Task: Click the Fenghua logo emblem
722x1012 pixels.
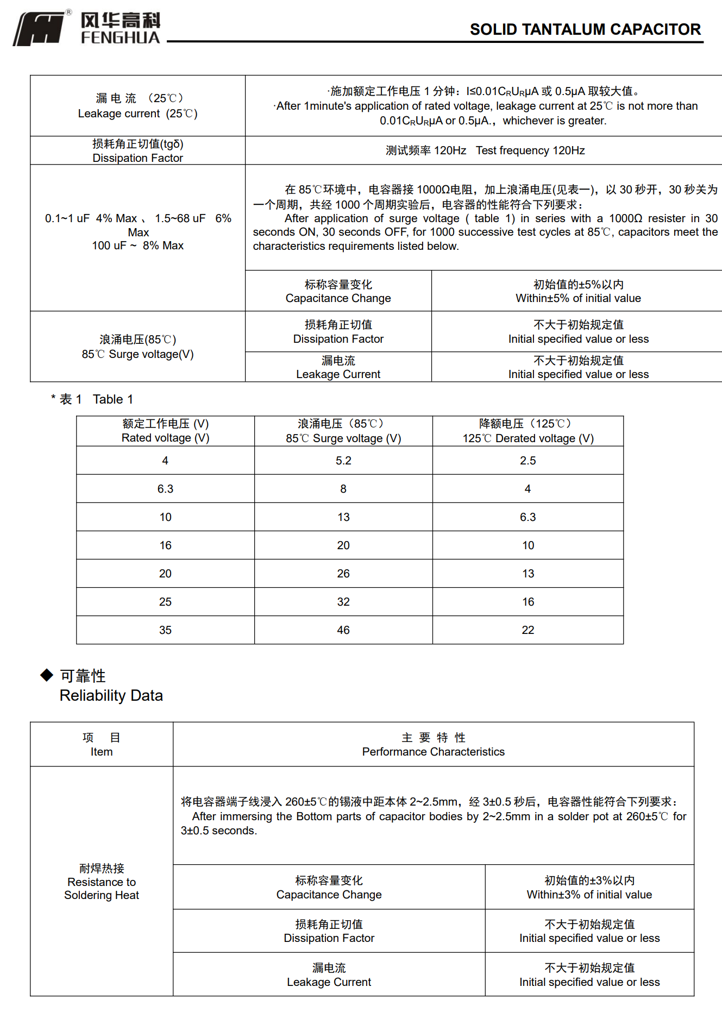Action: [x=39, y=29]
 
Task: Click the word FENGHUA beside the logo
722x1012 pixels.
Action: [x=121, y=37]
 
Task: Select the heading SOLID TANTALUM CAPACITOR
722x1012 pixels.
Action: [x=585, y=29]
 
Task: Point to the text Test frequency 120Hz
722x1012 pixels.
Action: [x=530, y=150]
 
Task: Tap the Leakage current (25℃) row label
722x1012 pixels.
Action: [x=138, y=106]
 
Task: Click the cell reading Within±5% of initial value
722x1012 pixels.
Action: [x=578, y=292]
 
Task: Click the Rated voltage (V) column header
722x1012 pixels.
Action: [x=165, y=431]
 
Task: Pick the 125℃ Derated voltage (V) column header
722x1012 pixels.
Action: [x=528, y=431]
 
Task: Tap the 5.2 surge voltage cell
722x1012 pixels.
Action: [x=343, y=461]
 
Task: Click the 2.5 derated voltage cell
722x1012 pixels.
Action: [x=528, y=461]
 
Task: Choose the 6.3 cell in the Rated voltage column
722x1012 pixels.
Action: [x=165, y=489]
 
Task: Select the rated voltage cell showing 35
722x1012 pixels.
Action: [x=165, y=630]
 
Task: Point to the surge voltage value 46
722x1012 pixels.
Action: [x=343, y=630]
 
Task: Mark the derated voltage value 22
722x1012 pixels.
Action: [x=528, y=630]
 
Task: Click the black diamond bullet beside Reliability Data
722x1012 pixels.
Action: [x=47, y=675]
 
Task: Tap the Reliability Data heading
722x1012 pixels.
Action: [x=111, y=695]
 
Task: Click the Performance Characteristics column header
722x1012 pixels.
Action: [x=433, y=745]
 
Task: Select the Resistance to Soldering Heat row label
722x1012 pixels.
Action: [x=102, y=882]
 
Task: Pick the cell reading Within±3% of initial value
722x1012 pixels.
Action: [x=589, y=888]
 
